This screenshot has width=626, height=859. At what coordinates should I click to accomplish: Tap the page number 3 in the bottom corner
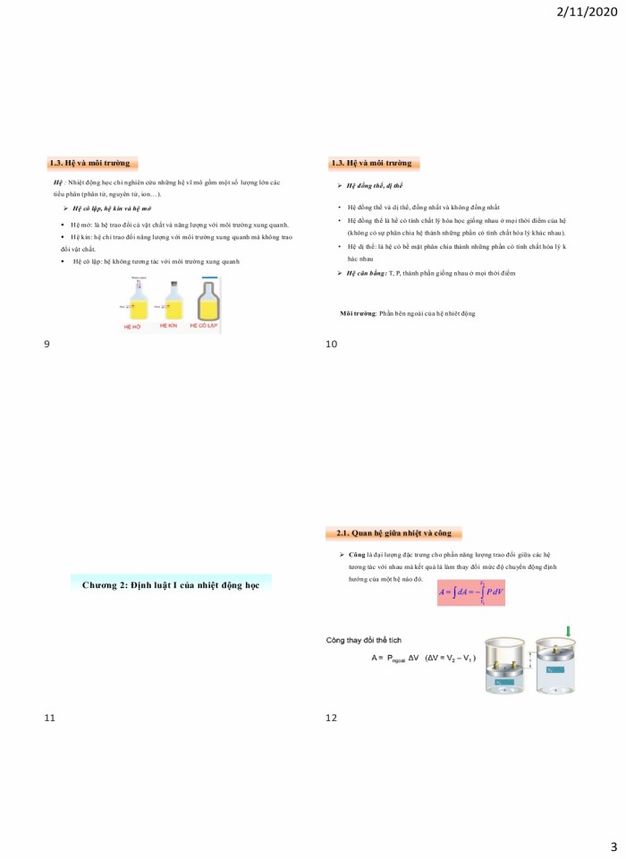point(613,846)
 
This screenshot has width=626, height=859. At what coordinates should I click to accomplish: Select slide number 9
point(47,344)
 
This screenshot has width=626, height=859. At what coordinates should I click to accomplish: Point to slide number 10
point(331,344)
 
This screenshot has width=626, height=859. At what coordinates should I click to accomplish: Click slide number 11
point(49,717)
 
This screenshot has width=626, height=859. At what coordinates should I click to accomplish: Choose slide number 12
point(332,717)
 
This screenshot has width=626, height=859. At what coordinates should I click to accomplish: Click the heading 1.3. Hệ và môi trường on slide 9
point(90,163)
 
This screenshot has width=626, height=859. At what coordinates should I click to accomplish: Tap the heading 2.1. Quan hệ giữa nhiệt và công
point(393,533)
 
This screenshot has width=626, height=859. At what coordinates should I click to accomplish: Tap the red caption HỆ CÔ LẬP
point(206,327)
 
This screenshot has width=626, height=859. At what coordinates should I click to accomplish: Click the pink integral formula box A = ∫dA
point(471,591)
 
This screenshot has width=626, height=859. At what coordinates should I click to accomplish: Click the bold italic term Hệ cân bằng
point(367,272)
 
